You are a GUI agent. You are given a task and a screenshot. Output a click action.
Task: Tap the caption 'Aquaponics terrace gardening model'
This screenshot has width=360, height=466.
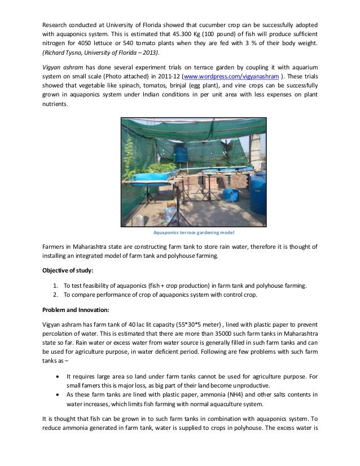tap(179, 232)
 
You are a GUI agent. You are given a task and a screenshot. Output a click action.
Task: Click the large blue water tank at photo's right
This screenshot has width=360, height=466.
tap(257, 187)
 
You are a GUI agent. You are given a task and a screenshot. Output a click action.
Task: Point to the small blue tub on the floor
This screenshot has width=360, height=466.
tap(230, 195)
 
